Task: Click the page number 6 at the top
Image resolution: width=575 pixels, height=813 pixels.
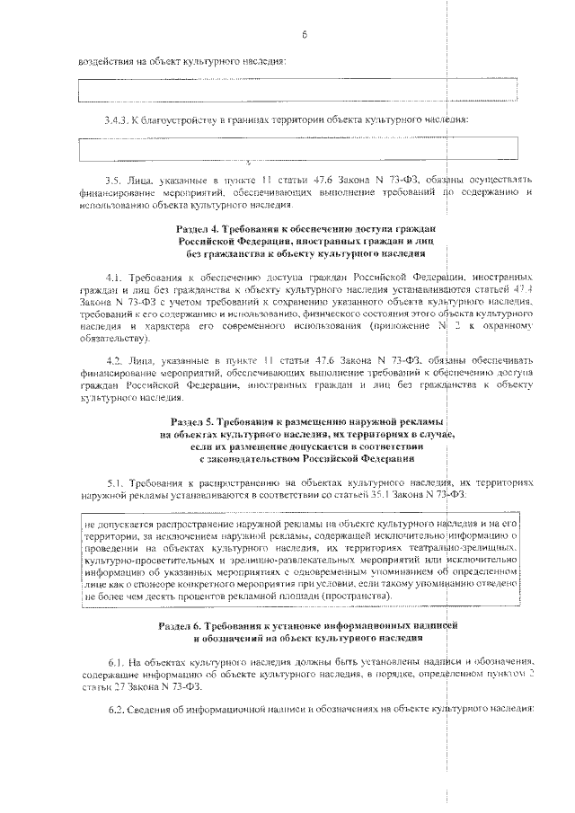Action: [305, 35]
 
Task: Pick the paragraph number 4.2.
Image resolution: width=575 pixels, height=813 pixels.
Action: [114, 360]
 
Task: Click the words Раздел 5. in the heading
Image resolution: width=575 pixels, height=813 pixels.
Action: [192, 420]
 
